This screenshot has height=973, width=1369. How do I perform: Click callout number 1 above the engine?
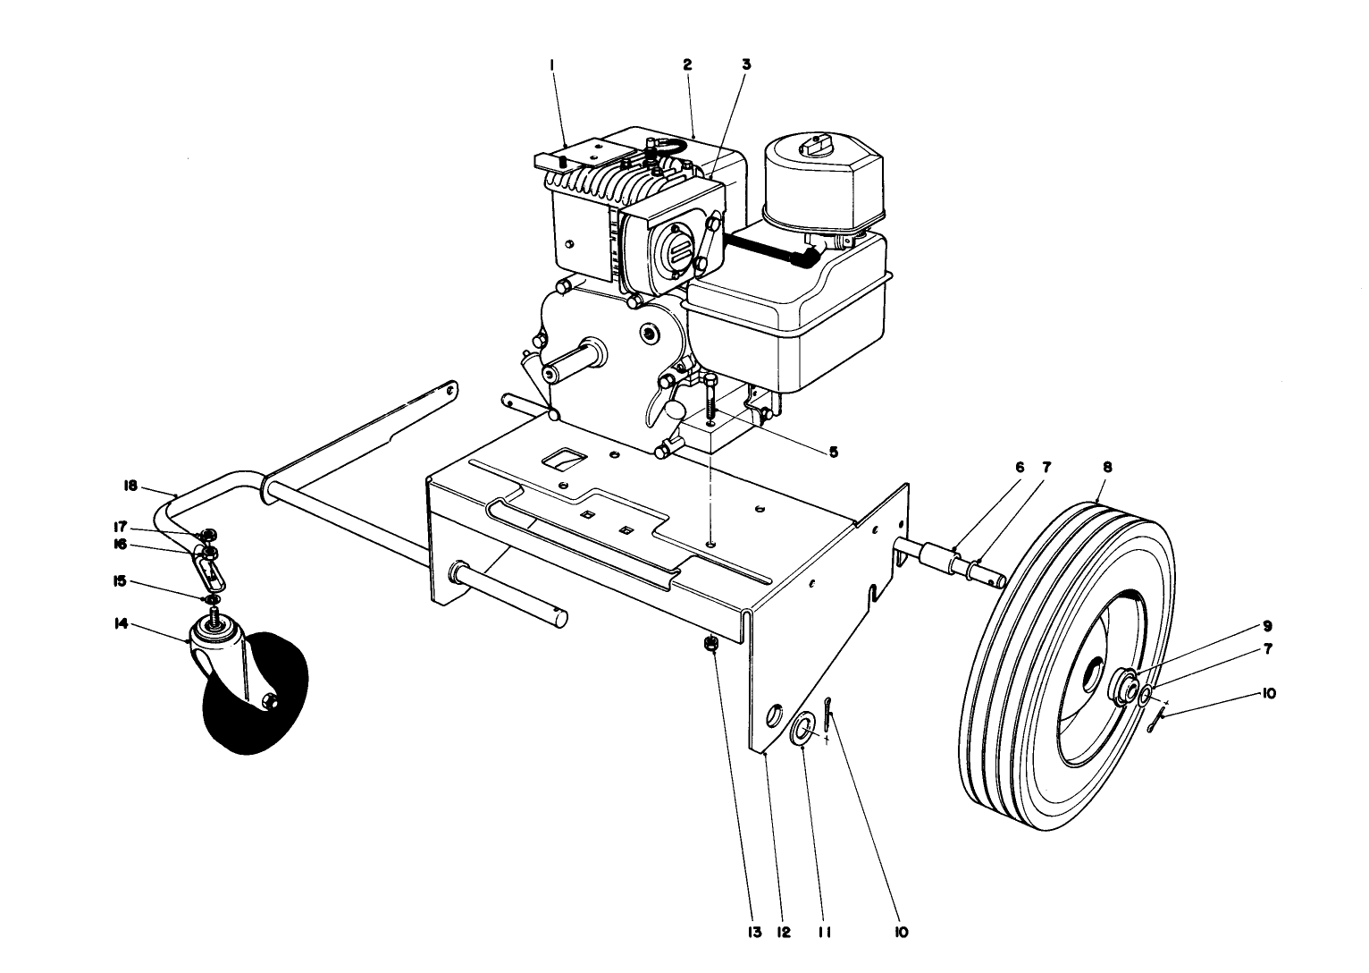(553, 64)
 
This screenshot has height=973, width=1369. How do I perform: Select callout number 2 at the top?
(687, 64)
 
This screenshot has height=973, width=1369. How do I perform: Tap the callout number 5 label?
(833, 453)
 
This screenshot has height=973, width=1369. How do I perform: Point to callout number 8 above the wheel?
(1107, 467)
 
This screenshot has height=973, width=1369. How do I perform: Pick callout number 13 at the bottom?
(753, 932)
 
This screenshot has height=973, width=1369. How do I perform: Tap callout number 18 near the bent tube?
(130, 486)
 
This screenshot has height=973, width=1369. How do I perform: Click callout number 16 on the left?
(119, 544)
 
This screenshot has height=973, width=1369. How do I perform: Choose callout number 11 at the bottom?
(823, 932)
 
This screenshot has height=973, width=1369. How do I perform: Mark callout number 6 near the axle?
(1016, 467)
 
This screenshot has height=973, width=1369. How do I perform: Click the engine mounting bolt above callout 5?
(711, 394)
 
